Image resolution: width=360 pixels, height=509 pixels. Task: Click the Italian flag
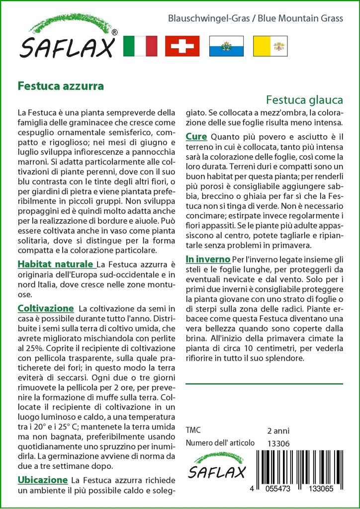coord(139,46)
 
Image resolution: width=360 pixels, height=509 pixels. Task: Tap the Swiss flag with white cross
coord(182,46)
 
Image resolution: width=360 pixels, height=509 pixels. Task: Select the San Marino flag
coord(226,46)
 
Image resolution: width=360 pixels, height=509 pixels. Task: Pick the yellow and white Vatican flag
coord(270,46)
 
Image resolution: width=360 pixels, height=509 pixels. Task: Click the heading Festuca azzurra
coord(61,85)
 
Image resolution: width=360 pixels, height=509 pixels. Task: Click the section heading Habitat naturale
coord(56,263)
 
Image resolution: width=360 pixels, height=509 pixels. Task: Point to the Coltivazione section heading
coord(46,309)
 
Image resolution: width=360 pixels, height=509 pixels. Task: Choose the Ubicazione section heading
coord(43,480)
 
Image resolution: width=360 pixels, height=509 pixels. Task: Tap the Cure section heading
coord(196,136)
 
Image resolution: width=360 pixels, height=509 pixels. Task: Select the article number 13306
coord(278,443)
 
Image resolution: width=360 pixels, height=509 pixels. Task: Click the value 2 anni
coord(278,430)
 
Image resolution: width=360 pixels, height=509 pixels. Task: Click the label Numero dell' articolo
coord(220,443)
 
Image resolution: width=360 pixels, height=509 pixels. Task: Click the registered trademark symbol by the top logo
coord(115,32)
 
